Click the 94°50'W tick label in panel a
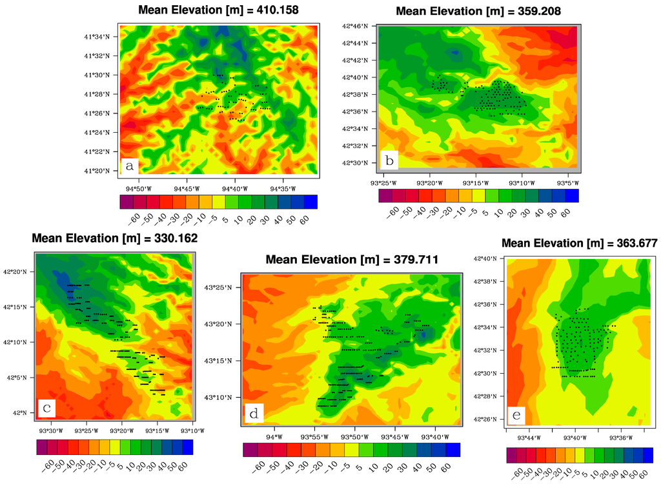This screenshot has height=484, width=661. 139,189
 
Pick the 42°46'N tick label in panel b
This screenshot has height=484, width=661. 361,26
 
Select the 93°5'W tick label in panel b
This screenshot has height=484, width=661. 567,183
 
